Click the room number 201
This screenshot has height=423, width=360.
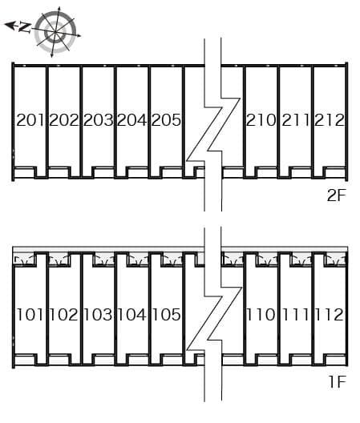pos(30,120)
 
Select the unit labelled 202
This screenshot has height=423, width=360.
pos(64,120)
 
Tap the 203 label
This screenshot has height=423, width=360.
pos(98,120)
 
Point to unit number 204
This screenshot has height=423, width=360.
pos(132,120)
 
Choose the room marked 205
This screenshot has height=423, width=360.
pos(166,120)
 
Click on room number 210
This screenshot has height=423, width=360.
pos(261,120)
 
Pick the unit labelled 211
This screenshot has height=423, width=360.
pos(295,120)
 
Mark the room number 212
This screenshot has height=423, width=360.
pos(330,120)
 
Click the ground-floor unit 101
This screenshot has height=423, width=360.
pos(30,315)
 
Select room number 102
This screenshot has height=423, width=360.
pos(64,315)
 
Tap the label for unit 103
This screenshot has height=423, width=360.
pos(98,315)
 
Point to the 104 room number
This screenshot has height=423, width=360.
pos(132,315)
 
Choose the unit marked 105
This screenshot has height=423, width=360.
pos(166,315)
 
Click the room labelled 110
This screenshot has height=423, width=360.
pos(261,315)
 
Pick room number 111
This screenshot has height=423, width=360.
pos(295,315)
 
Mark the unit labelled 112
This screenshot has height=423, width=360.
pos(330,315)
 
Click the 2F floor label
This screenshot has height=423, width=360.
pos(336,195)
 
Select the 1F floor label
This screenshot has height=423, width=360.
pos(338,381)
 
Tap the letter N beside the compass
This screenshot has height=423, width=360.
pos(24,28)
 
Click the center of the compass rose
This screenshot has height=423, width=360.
pos(55,32)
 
